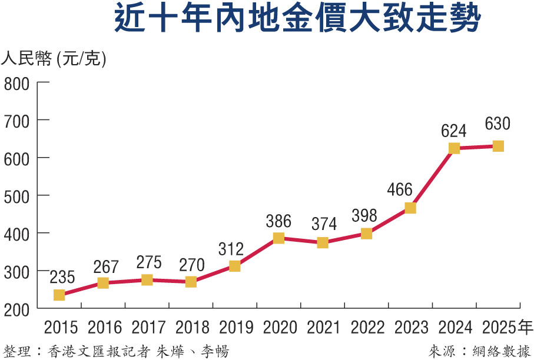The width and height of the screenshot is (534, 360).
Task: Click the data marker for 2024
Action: click(x=454, y=148)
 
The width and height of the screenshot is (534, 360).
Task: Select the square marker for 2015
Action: click(x=59, y=295)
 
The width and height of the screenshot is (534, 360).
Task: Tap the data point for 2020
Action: click(x=278, y=238)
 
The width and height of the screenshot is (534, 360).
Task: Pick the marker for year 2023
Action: click(x=410, y=208)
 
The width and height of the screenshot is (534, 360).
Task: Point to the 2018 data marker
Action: click(x=191, y=282)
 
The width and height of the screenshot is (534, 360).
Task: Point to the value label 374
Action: click(x=324, y=224)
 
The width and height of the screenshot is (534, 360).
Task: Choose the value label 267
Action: click(x=106, y=266)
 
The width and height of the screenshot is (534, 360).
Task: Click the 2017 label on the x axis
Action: click(x=148, y=327)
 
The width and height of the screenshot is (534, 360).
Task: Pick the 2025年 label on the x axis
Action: click(x=507, y=327)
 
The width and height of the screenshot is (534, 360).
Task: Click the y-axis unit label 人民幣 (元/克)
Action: click(x=54, y=59)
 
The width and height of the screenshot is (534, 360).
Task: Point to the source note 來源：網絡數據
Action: click(x=479, y=351)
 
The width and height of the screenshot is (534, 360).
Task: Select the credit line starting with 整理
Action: click(x=115, y=351)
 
